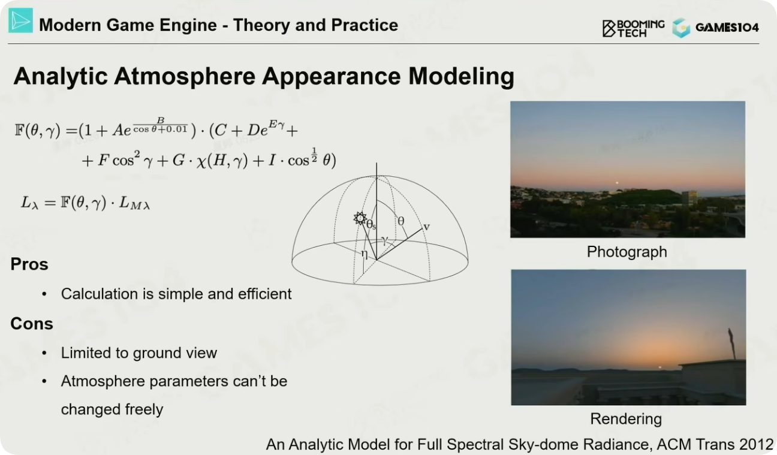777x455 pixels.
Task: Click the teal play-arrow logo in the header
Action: [x=21, y=21]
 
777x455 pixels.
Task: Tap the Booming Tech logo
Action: [x=633, y=28]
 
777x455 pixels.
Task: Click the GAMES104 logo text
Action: [x=727, y=28]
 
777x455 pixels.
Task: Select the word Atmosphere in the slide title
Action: [x=185, y=76]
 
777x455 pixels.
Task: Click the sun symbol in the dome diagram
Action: [x=360, y=218]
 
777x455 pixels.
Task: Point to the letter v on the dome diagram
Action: [x=427, y=227]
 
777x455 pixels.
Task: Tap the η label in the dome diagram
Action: [x=365, y=254]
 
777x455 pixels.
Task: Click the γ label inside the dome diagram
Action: [x=384, y=240]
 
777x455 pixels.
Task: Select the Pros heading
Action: [x=29, y=264]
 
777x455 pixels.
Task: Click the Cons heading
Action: [x=32, y=324]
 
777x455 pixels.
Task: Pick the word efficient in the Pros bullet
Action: [x=264, y=294]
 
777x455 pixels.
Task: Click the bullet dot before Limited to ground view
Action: [x=44, y=353]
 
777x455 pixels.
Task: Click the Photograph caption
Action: [x=627, y=252]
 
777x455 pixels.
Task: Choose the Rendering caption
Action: [x=626, y=419]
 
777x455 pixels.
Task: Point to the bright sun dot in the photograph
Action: [x=617, y=183]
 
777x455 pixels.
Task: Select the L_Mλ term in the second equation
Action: [x=134, y=203]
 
